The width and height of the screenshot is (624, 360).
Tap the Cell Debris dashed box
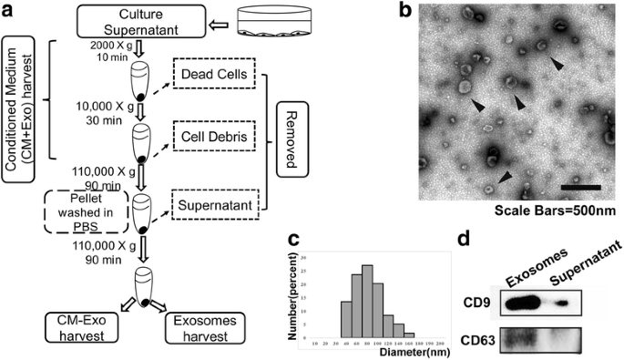(x=215, y=136)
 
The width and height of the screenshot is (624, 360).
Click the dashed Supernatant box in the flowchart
(x=215, y=207)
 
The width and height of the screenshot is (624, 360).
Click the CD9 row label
(x=472, y=280)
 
